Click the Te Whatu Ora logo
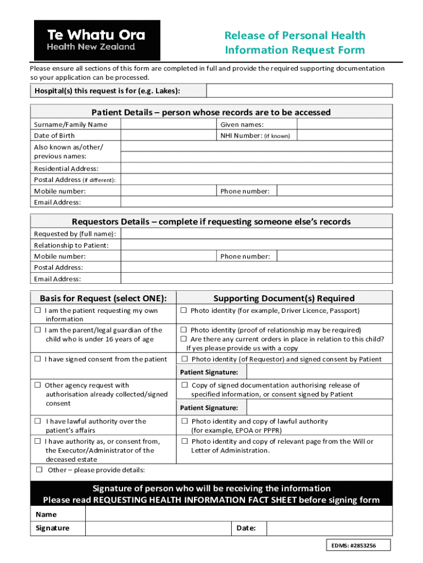coord(97,40)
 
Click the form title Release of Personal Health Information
coord(294,43)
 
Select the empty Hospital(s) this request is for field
coord(299,91)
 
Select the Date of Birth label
coord(54,136)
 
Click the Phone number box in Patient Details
coord(334,191)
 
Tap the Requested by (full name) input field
coord(256,234)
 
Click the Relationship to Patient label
coord(71,245)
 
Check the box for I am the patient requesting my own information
coord(38,311)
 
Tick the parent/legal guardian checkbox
coord(38,330)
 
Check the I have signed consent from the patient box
coord(38,360)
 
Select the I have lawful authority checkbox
coord(38,422)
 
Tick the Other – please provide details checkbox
coord(40,470)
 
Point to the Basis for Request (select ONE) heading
coord(103,299)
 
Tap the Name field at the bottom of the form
coord(238,515)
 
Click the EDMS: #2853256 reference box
coord(358,545)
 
